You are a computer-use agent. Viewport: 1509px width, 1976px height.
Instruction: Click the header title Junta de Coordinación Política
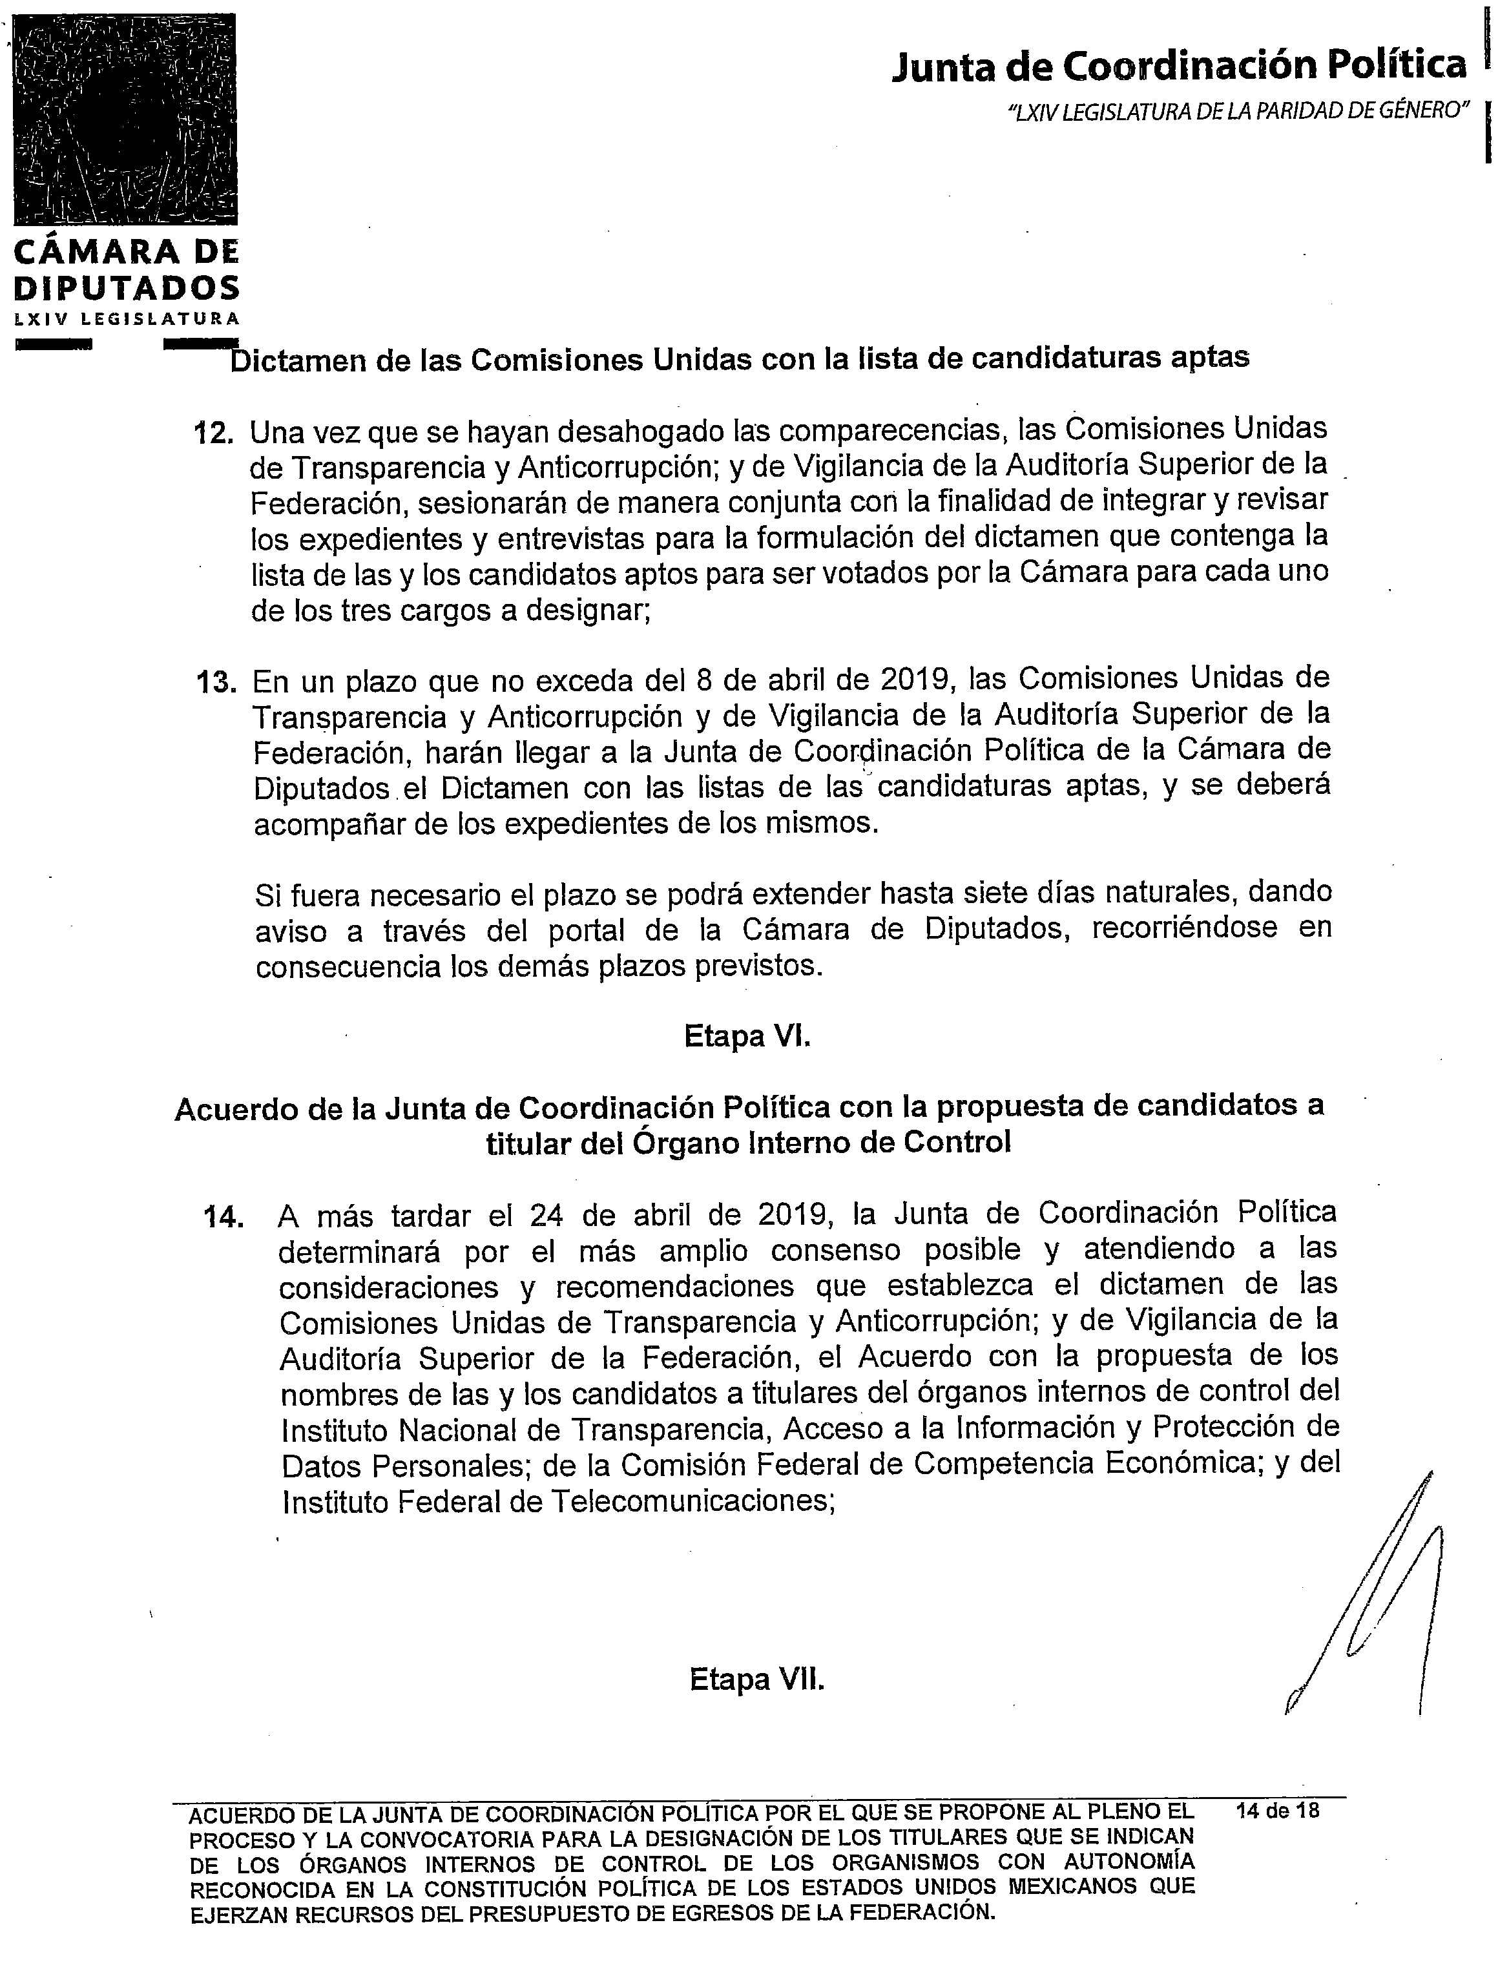pyautogui.click(x=1178, y=66)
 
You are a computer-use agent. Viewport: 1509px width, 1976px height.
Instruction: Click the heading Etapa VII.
pyautogui.click(x=756, y=1679)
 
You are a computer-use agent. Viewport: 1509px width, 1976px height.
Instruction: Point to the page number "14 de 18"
pyautogui.click(x=1277, y=1810)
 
